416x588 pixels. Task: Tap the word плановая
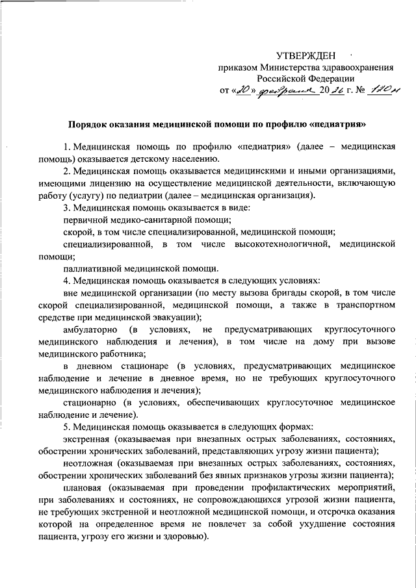pos(85,488)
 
